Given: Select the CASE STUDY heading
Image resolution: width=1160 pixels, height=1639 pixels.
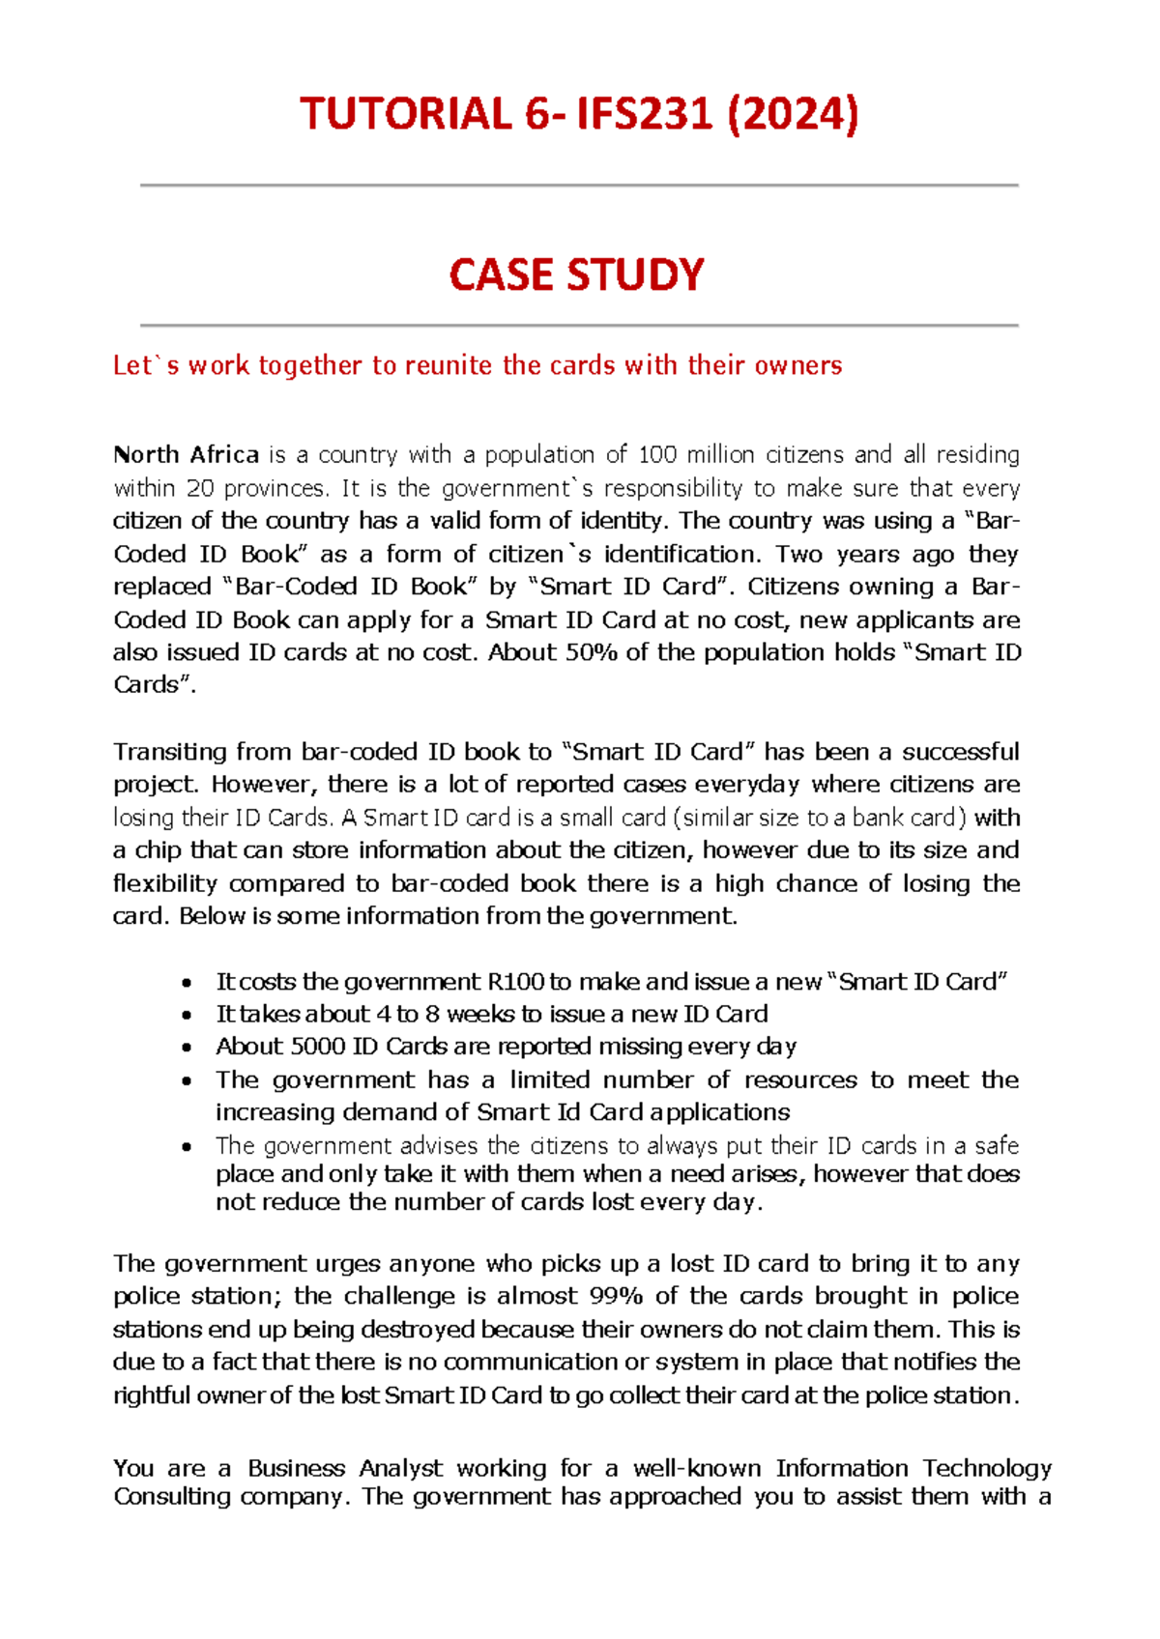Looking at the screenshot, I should (x=577, y=275).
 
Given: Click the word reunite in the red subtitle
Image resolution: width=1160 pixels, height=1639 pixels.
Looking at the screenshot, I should (x=449, y=365).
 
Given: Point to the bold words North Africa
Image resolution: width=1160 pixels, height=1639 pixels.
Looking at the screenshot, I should (x=186, y=454).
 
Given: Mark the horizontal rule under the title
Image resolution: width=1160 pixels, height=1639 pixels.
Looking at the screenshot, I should (x=579, y=185).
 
